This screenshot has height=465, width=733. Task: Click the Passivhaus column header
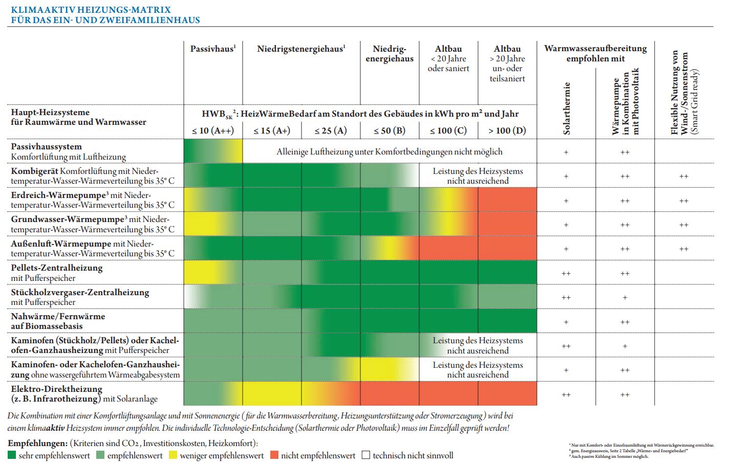tap(212, 49)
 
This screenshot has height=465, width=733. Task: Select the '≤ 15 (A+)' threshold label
tap(272, 130)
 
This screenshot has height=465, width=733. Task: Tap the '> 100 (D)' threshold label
tap(507, 130)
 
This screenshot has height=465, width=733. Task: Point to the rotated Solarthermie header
tap(567, 108)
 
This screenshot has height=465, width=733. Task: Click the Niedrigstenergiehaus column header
tap(301, 49)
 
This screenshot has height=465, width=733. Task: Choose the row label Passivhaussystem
tap(47, 146)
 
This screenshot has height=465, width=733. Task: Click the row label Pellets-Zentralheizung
tap(57, 268)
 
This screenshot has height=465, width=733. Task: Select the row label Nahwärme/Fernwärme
tap(58, 317)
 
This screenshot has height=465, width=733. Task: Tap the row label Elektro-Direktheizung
tap(57, 389)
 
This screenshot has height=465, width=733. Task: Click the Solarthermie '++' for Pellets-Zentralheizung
tap(566, 274)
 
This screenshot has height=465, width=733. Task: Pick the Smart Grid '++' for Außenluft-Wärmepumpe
tap(683, 249)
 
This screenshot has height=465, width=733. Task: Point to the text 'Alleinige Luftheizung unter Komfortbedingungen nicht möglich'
tap(390, 152)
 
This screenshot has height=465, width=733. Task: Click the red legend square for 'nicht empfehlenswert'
tap(274, 455)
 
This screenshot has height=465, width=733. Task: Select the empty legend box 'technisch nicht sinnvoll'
tap(366, 455)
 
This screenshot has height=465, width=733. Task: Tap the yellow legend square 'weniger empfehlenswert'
tap(174, 455)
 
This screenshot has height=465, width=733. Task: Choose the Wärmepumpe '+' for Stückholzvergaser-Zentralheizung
tap(625, 298)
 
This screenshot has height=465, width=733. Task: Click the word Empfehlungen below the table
tap(37, 443)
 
